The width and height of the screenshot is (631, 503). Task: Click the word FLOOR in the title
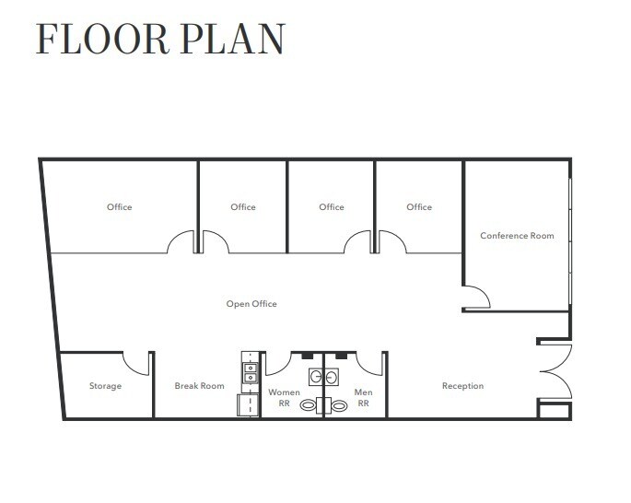[x=102, y=39]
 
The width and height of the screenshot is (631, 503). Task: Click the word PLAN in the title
[x=233, y=39]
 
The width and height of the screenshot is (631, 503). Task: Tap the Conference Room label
[x=517, y=236]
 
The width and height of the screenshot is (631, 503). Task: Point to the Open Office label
[x=251, y=304]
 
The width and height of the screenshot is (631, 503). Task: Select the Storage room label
[x=105, y=386]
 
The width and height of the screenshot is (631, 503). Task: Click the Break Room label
[x=200, y=386]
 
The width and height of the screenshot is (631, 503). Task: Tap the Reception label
[x=462, y=386]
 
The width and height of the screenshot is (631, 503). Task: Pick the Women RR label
[x=284, y=398]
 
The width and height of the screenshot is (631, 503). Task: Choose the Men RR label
[x=363, y=398]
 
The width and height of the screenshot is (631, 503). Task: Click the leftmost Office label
[x=120, y=207]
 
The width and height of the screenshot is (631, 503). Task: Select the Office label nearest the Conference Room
[x=419, y=207]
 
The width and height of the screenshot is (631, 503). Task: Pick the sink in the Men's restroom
[x=332, y=377]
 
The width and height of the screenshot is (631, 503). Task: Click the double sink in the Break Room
[x=251, y=372]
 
